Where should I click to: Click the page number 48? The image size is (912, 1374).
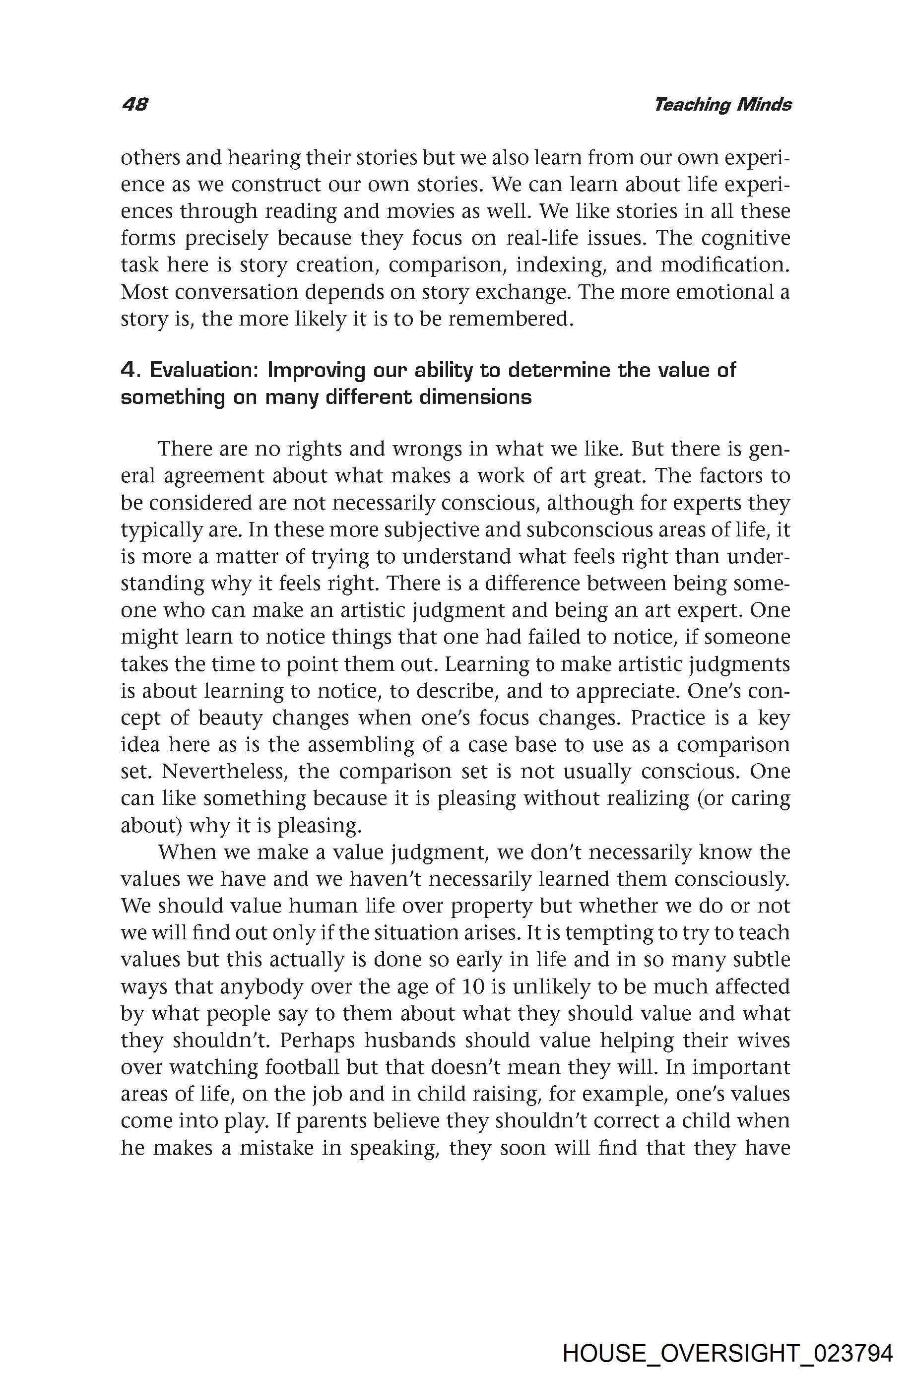click(135, 105)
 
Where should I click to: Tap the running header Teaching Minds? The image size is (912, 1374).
click(722, 105)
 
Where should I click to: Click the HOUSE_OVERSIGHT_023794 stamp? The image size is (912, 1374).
click(727, 1337)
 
